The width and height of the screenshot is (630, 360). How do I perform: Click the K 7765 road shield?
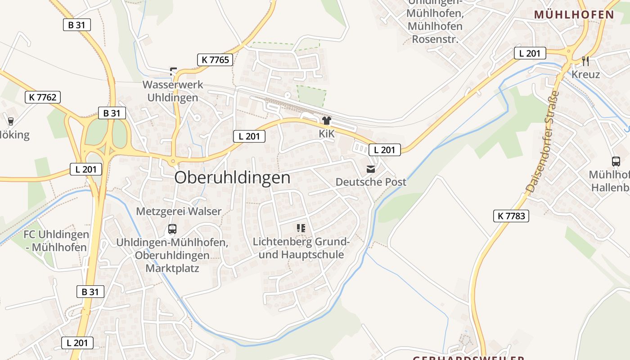pyautogui.click(x=215, y=59)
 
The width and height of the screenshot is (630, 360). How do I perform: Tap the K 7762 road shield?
pyautogui.click(x=43, y=97)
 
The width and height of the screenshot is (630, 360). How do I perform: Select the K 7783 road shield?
pyautogui.click(x=511, y=216)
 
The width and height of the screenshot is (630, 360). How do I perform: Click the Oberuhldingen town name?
pyautogui.click(x=232, y=178)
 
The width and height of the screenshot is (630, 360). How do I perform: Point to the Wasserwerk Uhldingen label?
pyautogui.click(x=173, y=91)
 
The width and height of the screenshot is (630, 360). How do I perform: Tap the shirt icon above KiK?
pyautogui.click(x=326, y=120)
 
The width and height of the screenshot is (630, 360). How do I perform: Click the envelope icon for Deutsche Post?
pyautogui.click(x=371, y=169)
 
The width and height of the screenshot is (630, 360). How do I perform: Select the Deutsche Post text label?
pyautogui.click(x=371, y=182)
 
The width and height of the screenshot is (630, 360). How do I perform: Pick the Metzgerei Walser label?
pyautogui.click(x=179, y=211)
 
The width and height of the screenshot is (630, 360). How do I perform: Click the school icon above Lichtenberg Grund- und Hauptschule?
pyautogui.click(x=301, y=228)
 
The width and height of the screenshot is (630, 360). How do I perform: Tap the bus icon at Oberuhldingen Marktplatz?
pyautogui.click(x=172, y=229)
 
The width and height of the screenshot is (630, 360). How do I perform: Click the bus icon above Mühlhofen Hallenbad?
pyautogui.click(x=616, y=161)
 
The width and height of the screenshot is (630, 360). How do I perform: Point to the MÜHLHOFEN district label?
pyautogui.click(x=574, y=14)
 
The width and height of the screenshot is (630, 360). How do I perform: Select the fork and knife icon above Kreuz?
pyautogui.click(x=585, y=61)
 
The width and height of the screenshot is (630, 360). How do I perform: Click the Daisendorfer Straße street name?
pyautogui.click(x=542, y=142)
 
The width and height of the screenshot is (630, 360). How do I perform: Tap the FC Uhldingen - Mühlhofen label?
pyautogui.click(x=56, y=241)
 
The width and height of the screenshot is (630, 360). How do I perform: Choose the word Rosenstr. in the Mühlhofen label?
pyautogui.click(x=435, y=39)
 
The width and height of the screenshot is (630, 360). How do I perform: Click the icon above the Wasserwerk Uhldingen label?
pyautogui.click(x=173, y=71)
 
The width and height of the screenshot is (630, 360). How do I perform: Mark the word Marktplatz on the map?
pyautogui.click(x=172, y=269)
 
